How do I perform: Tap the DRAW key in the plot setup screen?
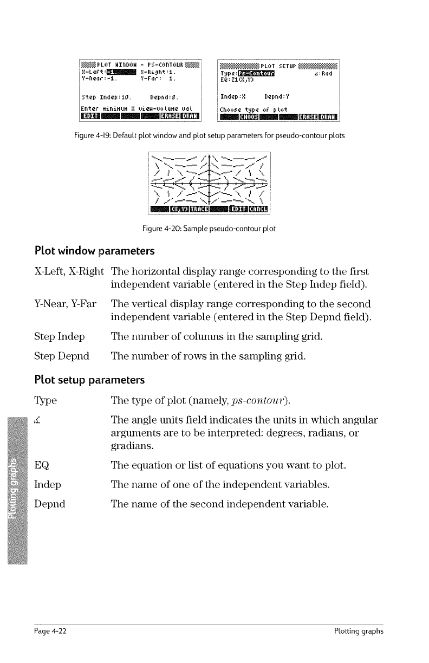327,114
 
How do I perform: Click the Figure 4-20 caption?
209,228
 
